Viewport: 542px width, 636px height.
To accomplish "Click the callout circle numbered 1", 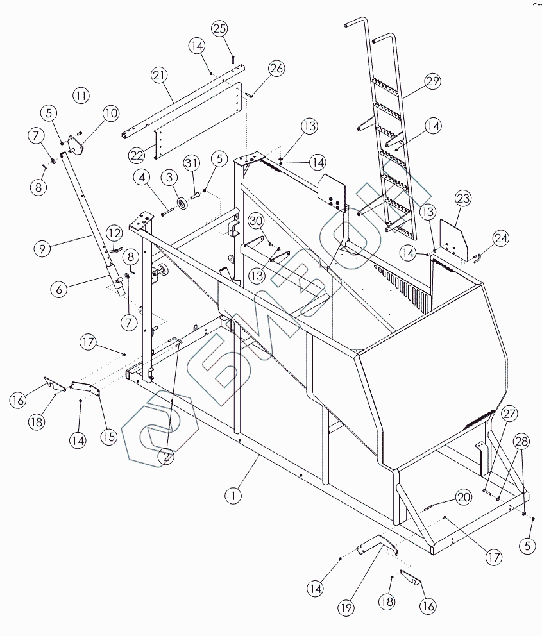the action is coord(233,495).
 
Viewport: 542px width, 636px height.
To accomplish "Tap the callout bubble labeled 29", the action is coord(432,81).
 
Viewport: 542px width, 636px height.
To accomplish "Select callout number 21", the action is coord(159,76).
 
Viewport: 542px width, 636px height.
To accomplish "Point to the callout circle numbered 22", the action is coord(137,155).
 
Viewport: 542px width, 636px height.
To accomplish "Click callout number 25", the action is coord(219,29).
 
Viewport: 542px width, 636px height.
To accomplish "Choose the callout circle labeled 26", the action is coord(276,68).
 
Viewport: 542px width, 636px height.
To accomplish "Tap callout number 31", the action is coord(192,163).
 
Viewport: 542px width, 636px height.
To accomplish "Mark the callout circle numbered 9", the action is coord(42,248).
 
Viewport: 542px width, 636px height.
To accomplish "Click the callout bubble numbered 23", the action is coord(463,198).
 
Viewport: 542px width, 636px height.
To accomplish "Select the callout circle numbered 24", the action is coord(500,238).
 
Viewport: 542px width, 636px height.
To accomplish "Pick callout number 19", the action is coord(346,608).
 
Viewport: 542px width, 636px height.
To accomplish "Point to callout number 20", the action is coord(463,498).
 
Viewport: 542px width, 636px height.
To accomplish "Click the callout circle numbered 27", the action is coord(509,414).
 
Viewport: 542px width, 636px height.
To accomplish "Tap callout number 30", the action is coord(256,221).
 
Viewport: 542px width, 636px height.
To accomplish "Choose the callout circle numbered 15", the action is coord(108,437).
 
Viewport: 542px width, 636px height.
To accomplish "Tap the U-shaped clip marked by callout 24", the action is coord(477,258).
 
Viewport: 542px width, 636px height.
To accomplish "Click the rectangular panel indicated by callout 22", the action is coord(198,121).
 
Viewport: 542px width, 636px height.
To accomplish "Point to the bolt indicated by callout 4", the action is coord(167,212).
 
